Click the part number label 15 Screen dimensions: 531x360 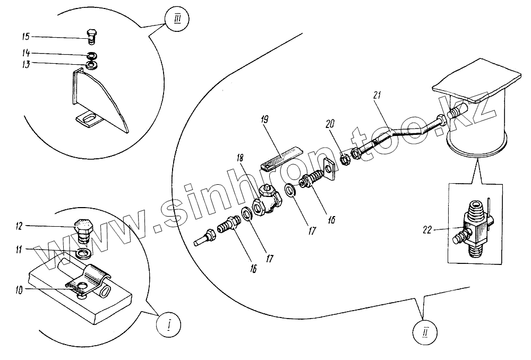point(25,37)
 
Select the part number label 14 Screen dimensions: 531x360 point(25,54)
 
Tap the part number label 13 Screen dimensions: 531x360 point(25,64)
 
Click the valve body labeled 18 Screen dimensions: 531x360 point(269,202)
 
